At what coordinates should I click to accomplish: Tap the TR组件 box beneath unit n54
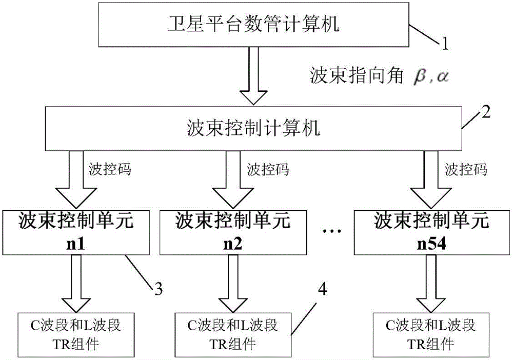[431, 333]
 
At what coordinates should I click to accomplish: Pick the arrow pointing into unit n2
[227, 177]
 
